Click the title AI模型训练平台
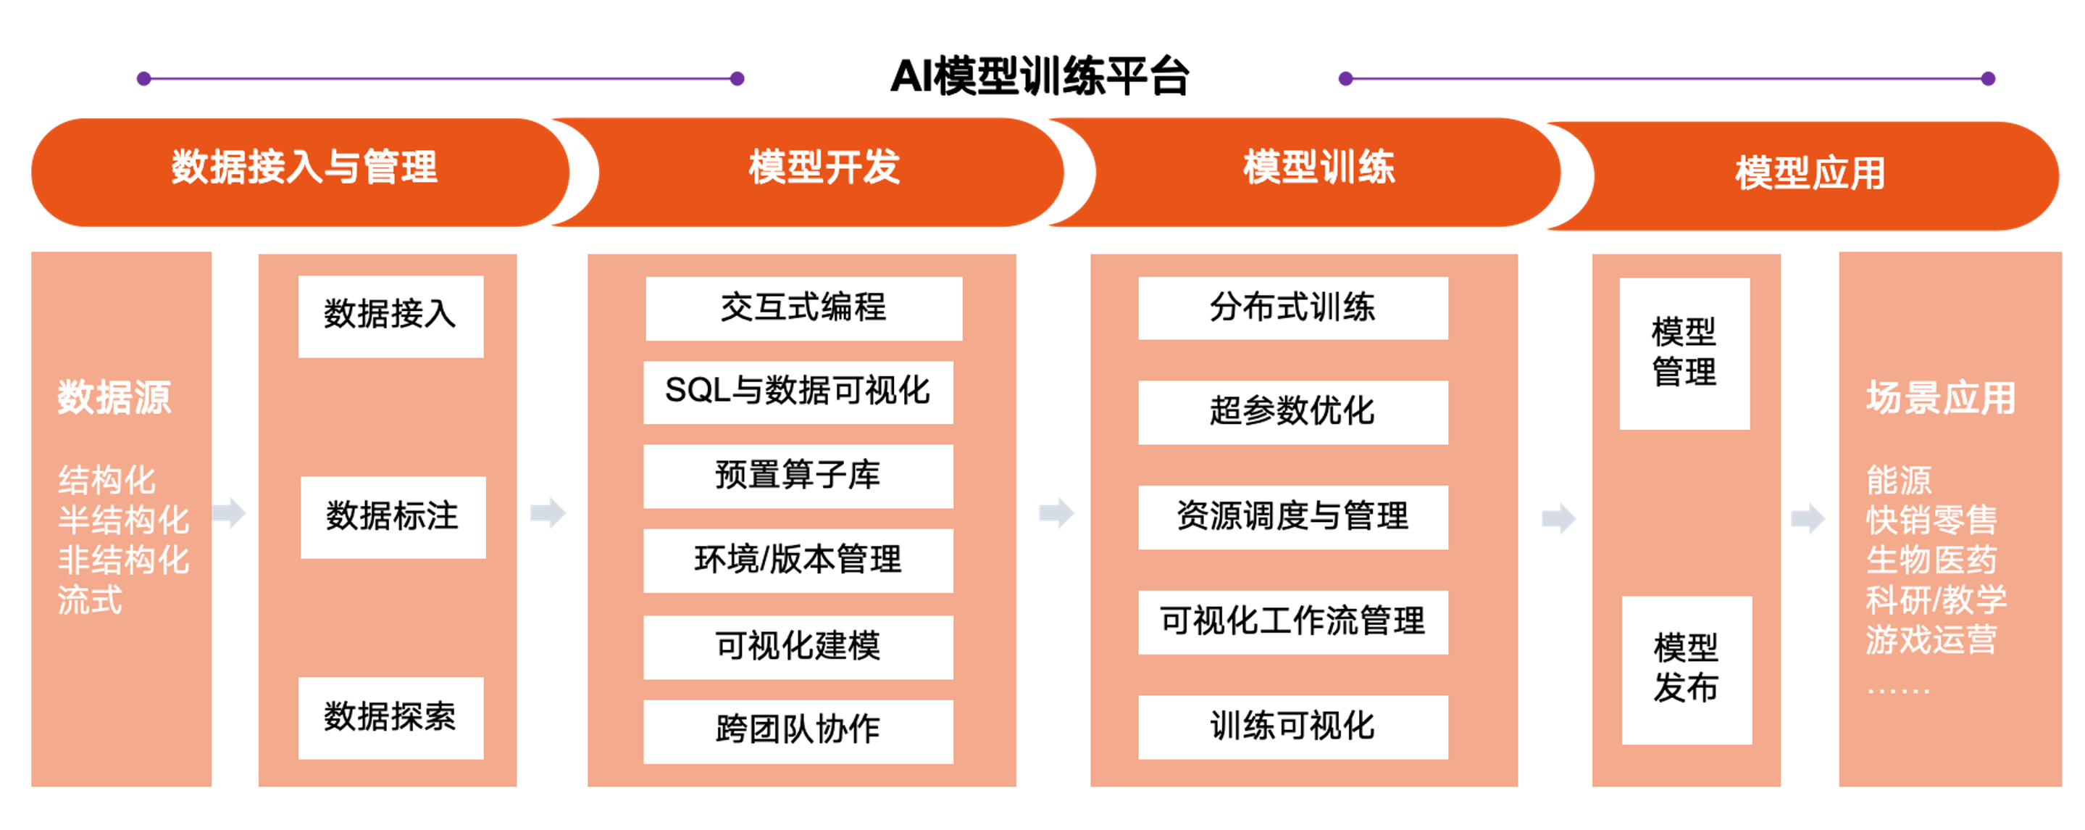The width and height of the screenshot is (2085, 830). pyautogui.click(x=1040, y=78)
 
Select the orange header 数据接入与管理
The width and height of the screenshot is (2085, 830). pyautogui.click(x=304, y=168)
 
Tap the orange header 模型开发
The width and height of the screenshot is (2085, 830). pyautogui.click(x=824, y=168)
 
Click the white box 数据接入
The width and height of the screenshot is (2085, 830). pyautogui.click(x=390, y=316)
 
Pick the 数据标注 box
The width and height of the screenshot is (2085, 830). pyautogui.click(x=393, y=517)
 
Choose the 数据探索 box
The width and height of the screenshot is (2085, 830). pyautogui.click(x=390, y=718)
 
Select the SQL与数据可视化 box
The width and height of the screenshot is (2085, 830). pyautogui.click(x=798, y=392)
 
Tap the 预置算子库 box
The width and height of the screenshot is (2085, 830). pyautogui.click(x=798, y=476)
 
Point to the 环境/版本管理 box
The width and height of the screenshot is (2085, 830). pyautogui.click(x=798, y=560)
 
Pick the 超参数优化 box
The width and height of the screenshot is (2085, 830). pyautogui.click(x=1292, y=411)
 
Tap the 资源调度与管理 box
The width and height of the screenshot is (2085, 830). pyautogui.click(x=1292, y=517)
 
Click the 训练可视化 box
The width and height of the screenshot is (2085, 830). pyautogui.click(x=1292, y=726)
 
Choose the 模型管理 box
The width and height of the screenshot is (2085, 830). pyautogui.click(x=1684, y=353)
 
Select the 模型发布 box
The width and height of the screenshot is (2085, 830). pyautogui.click(x=1687, y=670)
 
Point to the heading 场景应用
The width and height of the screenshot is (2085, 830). pyautogui.click(x=1940, y=397)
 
